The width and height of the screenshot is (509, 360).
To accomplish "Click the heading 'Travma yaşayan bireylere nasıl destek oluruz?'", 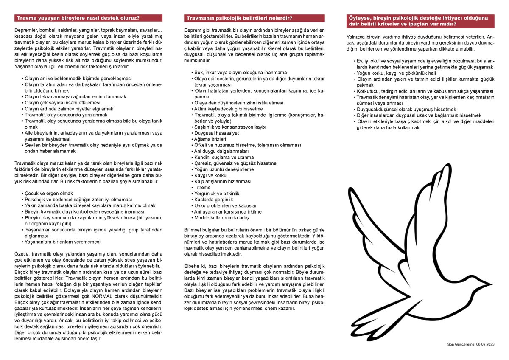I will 78,18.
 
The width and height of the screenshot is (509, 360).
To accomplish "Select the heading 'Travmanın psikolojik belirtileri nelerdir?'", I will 240,18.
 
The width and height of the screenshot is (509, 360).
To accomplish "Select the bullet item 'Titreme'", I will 202,187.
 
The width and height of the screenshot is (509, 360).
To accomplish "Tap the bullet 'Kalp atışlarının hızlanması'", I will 222,181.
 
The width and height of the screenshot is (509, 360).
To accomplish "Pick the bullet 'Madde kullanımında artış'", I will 221,217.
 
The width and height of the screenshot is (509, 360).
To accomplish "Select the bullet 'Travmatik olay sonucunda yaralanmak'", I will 66,115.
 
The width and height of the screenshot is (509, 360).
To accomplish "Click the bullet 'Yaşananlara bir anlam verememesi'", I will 62,242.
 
